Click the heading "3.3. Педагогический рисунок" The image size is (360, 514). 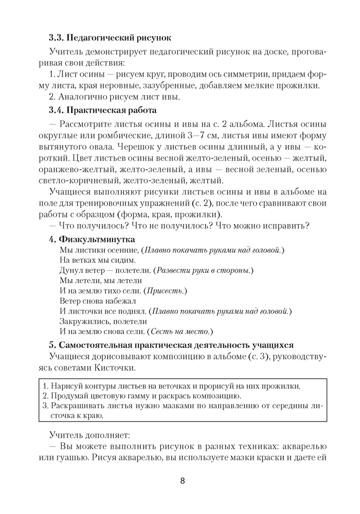pos(110,38)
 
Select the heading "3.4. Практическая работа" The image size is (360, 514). pos(103,110)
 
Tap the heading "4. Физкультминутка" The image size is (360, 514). pos(92,240)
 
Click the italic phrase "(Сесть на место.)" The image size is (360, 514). pos(180,332)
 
